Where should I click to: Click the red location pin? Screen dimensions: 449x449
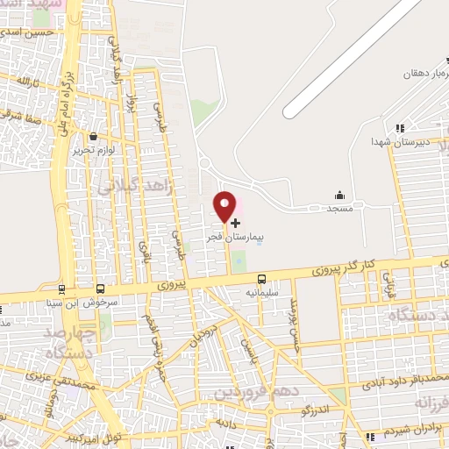[x=225, y=206]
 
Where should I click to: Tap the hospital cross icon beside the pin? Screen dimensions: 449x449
[x=235, y=224]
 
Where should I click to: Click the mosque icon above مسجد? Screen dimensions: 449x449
[x=339, y=195]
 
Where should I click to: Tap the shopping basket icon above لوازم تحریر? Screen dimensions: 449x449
[x=94, y=136]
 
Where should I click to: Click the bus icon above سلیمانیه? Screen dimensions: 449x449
[x=261, y=280]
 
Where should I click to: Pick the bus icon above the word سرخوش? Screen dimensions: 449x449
[x=101, y=289]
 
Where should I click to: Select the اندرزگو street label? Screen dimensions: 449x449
[x=315, y=409]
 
